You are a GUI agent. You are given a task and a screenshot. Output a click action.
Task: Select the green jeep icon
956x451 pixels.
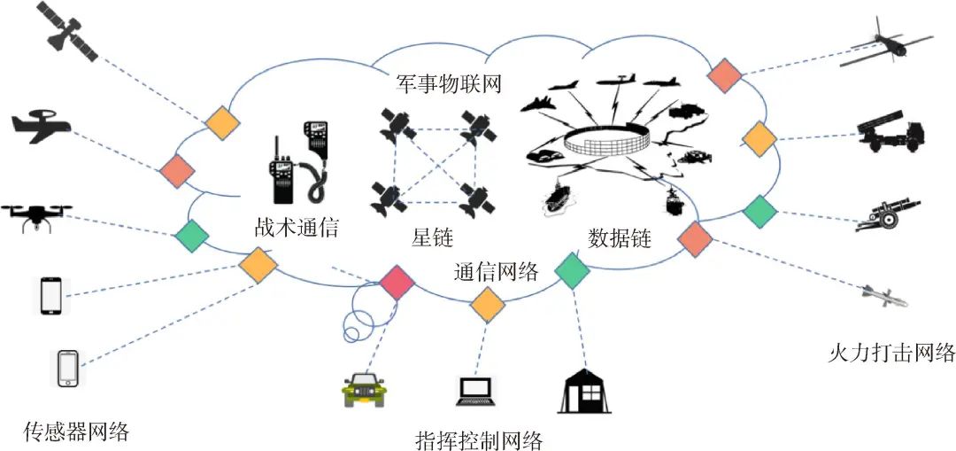pos(363,389)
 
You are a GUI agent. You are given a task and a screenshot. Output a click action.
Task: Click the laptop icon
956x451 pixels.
pos(478,390)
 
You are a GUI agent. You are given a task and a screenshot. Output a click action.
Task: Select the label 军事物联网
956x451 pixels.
pos(449,86)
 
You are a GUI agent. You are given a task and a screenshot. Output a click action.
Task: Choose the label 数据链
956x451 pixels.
pos(619,237)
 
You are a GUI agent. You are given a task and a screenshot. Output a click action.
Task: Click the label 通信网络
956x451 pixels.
pos(496,271)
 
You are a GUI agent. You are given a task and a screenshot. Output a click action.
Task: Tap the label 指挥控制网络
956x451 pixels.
pos(478,438)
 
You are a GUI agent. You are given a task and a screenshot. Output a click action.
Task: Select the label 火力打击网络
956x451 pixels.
pos(890,353)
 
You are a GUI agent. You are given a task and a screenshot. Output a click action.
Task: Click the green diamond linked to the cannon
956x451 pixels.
pos(759,211)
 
